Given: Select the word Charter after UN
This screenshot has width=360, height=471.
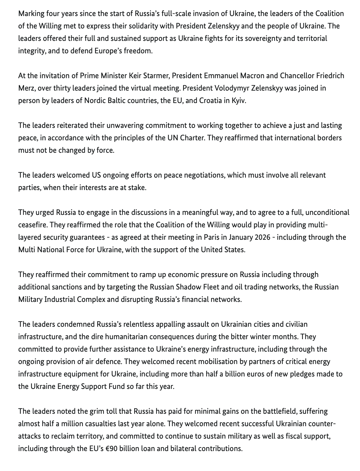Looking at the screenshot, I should click(x=192, y=138).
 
